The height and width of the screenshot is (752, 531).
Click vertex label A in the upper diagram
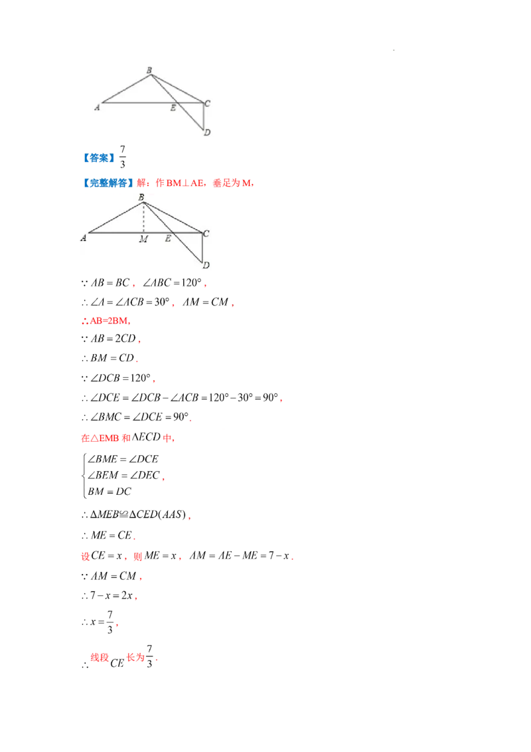tap(97, 106)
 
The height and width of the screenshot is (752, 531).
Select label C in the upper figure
tap(208, 103)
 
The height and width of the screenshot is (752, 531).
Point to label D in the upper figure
tap(208, 132)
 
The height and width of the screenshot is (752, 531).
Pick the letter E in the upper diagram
tap(173, 108)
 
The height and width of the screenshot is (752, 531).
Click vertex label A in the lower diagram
tap(84, 237)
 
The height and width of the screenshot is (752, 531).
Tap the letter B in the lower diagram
tap(141, 197)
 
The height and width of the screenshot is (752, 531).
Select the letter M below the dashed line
tap(143, 239)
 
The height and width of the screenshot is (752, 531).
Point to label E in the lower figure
tap(168, 238)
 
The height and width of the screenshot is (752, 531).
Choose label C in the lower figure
tap(206, 233)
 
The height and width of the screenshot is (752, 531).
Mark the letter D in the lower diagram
tap(206, 265)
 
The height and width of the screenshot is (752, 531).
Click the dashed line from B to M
tap(143, 218)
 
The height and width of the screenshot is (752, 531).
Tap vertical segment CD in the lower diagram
tap(202, 247)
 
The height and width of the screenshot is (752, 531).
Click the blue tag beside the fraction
tap(98, 157)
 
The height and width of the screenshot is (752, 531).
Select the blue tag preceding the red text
tap(106, 183)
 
